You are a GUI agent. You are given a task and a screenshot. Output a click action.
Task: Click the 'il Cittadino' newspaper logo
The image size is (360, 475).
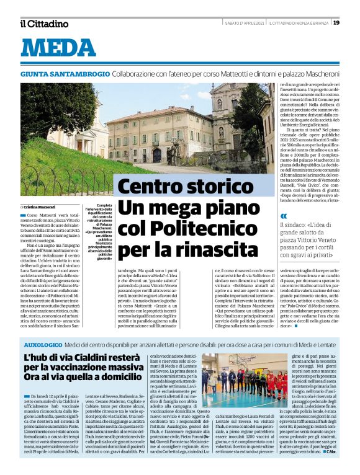click(x=43, y=24)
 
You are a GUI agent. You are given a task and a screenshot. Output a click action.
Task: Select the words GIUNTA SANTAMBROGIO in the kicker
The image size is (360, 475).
click(x=65, y=73)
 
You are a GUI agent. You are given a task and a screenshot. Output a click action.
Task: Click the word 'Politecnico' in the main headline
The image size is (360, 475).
click(x=199, y=229)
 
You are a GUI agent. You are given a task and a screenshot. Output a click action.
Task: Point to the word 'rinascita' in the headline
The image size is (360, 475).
click(x=218, y=251)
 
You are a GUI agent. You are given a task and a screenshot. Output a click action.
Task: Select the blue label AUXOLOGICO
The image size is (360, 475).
click(x=44, y=343)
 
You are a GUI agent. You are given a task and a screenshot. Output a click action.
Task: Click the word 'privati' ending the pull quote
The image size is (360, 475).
click(x=317, y=254)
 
